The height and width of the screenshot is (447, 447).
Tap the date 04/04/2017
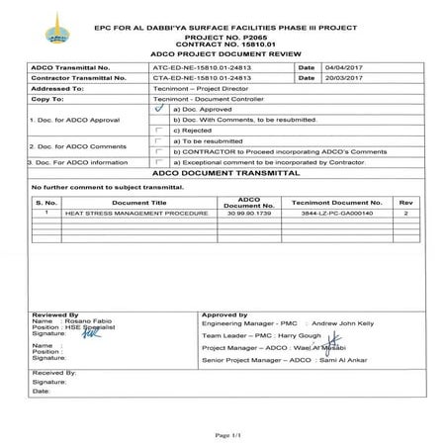(331, 66)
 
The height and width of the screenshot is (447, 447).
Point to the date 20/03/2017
(331, 76)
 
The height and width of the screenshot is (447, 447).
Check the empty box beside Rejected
(159, 130)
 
